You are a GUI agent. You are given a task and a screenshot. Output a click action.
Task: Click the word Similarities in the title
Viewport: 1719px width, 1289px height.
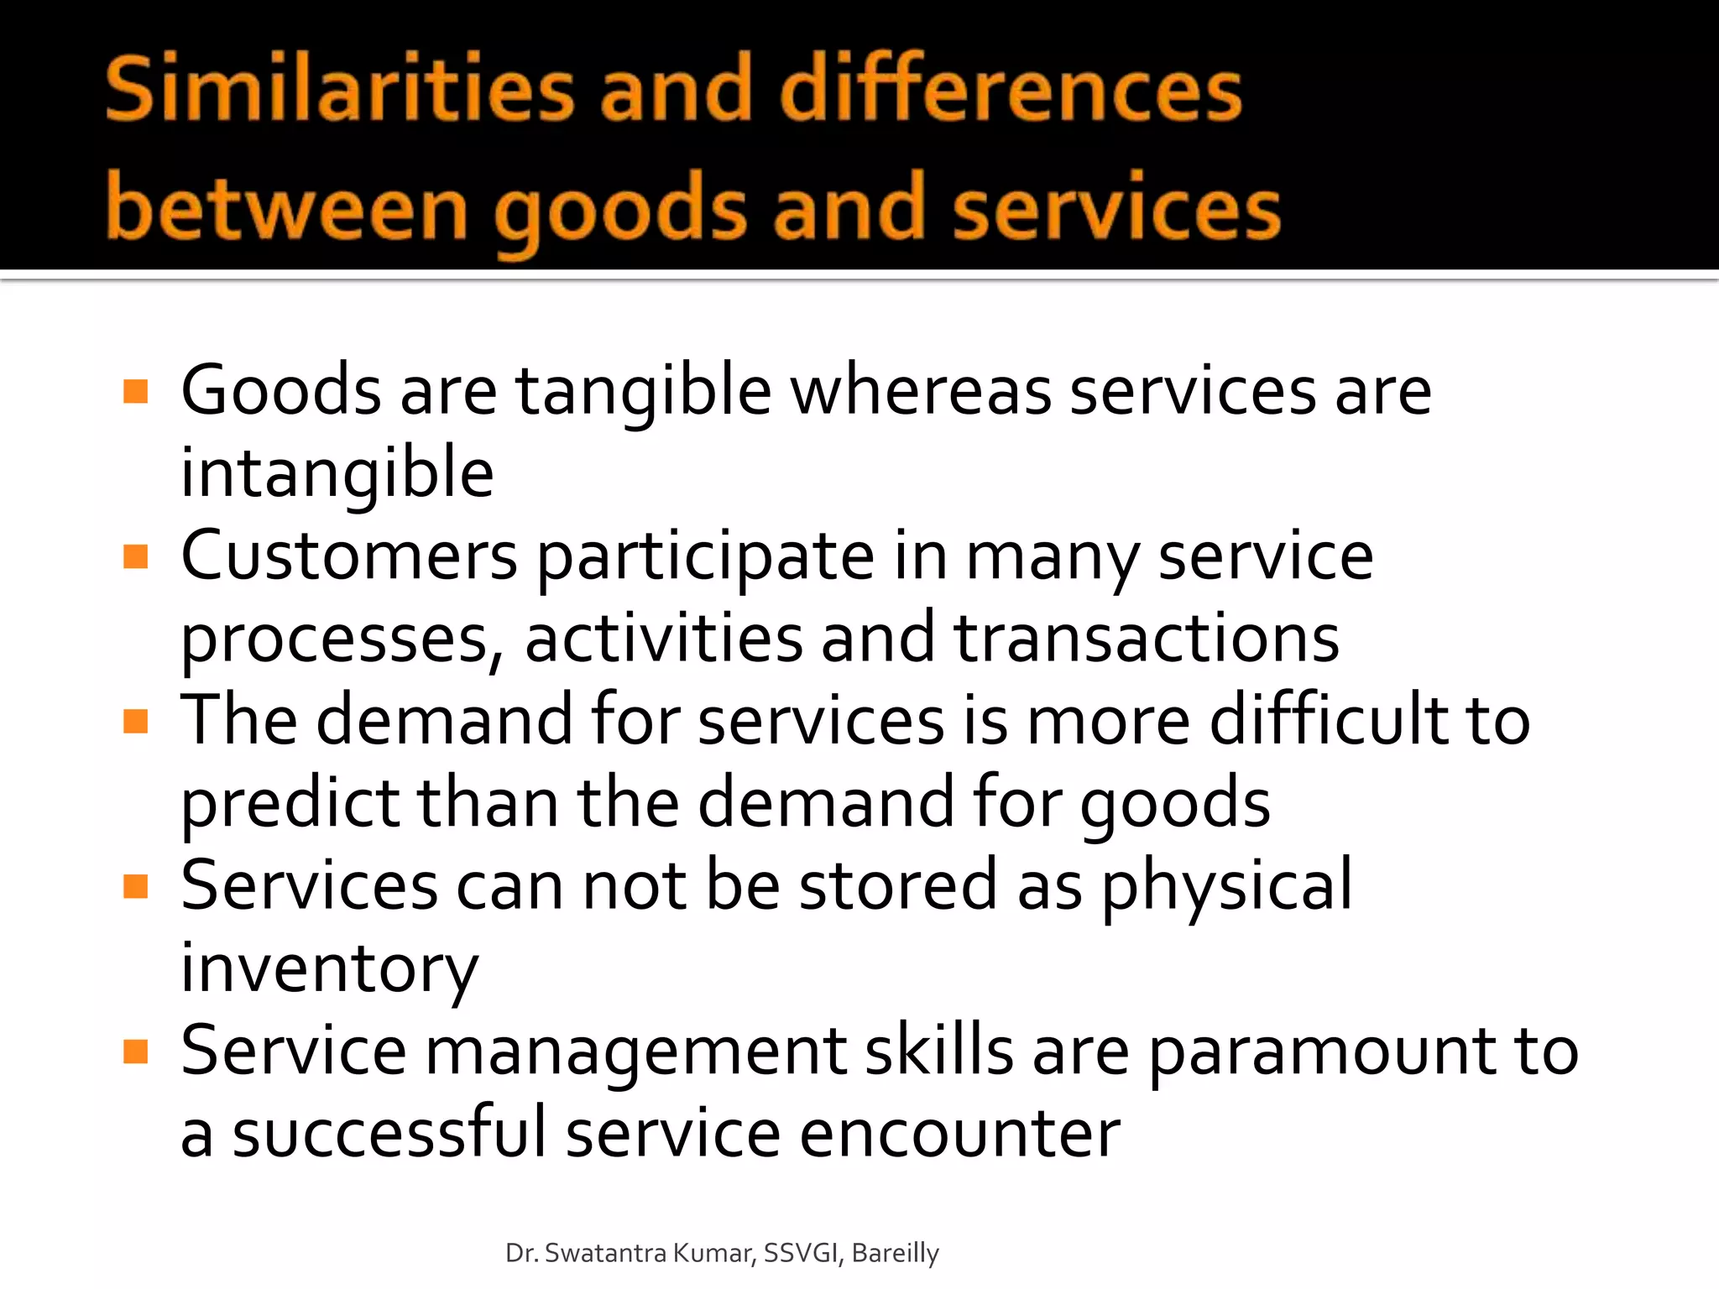coord(339,88)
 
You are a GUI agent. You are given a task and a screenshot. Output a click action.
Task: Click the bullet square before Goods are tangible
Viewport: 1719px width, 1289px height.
coord(135,391)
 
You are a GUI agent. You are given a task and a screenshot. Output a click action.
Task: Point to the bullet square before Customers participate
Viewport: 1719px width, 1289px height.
coord(135,556)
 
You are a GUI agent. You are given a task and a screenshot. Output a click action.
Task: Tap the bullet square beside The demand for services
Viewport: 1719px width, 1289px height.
coord(135,721)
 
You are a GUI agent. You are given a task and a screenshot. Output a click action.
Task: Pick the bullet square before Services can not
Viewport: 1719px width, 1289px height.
coord(135,886)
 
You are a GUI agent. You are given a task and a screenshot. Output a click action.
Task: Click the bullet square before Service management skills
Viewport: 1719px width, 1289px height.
coord(135,1052)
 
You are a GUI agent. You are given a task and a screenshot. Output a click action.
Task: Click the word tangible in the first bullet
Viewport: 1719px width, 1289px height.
coord(643,393)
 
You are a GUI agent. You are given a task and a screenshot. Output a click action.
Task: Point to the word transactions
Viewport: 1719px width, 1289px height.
coord(1147,639)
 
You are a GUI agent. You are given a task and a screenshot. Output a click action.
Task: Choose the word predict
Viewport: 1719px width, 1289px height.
coord(290,804)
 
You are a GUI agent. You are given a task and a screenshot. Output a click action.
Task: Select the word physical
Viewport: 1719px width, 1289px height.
coord(1226,886)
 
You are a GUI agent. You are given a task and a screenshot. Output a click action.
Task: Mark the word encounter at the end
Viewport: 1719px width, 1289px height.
coord(959,1133)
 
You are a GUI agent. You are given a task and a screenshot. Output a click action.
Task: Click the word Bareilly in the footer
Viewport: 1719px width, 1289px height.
coord(895,1253)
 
